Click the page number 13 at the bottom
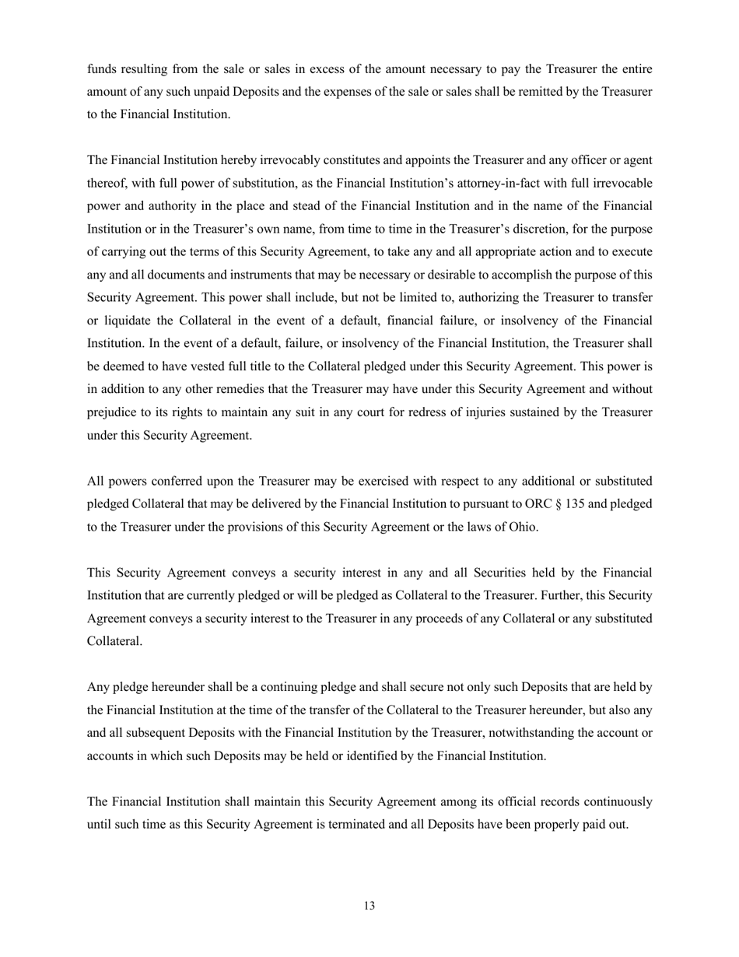pos(369,906)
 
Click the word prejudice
pos(112,412)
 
